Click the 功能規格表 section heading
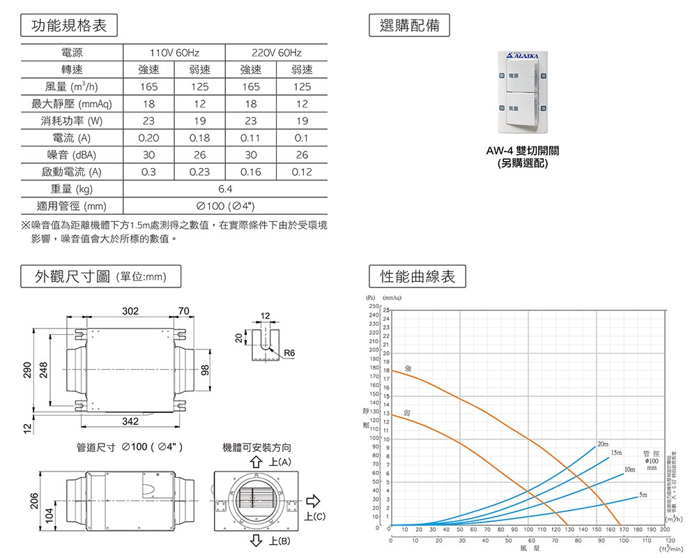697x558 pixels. click(x=70, y=27)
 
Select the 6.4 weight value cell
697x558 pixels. click(x=225, y=189)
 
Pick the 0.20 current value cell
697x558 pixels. click(x=148, y=137)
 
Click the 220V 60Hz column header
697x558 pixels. click(x=277, y=53)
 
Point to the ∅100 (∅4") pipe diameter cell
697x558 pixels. click(x=225, y=206)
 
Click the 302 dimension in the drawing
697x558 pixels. click(x=130, y=310)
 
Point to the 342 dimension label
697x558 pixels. click(x=130, y=421)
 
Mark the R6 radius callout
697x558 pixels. click(x=289, y=354)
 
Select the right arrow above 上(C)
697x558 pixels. click(x=313, y=500)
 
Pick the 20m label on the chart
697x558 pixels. click(x=603, y=444)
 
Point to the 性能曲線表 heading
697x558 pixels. click(x=418, y=277)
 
